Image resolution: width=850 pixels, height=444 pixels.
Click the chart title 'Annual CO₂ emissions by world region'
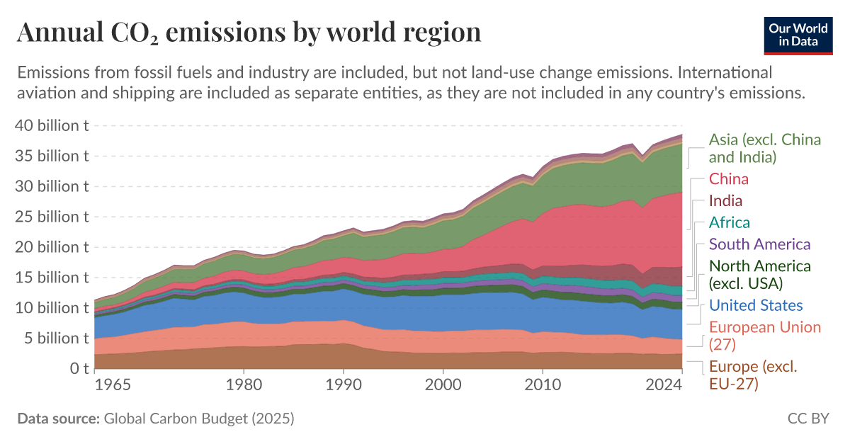pyautogui.click(x=249, y=32)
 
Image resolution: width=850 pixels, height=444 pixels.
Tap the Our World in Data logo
pyautogui.click(x=798, y=33)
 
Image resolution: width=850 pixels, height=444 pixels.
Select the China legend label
pyautogui.click(x=729, y=178)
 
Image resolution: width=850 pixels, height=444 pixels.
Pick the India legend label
pyautogui.click(x=726, y=200)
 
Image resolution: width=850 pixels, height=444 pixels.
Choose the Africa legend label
pyautogui.click(x=730, y=222)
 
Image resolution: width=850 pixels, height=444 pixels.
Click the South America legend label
pyautogui.click(x=759, y=244)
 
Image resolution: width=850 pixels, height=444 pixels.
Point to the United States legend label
pyautogui.click(x=756, y=306)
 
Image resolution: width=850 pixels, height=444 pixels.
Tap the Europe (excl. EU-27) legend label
pyautogui.click(x=753, y=375)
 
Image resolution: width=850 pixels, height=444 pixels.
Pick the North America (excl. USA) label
pyautogui.click(x=759, y=275)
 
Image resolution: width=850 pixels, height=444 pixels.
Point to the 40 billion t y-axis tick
pyautogui.click(x=52, y=126)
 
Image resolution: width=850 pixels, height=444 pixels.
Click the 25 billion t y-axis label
pyautogui.click(x=52, y=217)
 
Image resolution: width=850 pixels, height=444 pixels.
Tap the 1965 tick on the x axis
pyautogui.click(x=112, y=386)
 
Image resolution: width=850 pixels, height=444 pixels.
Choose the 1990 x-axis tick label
pyautogui.click(x=344, y=386)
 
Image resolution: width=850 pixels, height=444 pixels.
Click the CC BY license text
pyautogui.click(x=807, y=419)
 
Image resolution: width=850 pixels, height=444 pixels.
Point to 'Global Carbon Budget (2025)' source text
pyautogui.click(x=198, y=419)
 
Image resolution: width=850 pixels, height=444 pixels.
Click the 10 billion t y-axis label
pyautogui.click(x=52, y=307)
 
